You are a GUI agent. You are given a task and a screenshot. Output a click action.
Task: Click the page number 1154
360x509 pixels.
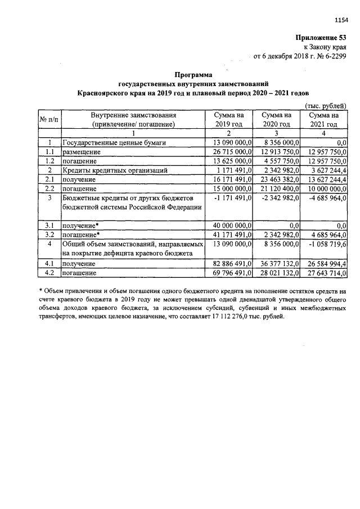pyautogui.click(x=341, y=20)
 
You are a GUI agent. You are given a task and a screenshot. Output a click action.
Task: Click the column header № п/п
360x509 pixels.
pyautogui.click(x=49, y=119)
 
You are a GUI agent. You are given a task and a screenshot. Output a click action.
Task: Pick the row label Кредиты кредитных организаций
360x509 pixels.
pyautogui.click(x=114, y=170)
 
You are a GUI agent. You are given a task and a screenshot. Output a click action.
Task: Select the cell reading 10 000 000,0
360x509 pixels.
pyautogui.click(x=323, y=188)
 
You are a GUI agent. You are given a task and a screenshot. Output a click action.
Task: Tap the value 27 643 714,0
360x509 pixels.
pyautogui.click(x=323, y=272)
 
